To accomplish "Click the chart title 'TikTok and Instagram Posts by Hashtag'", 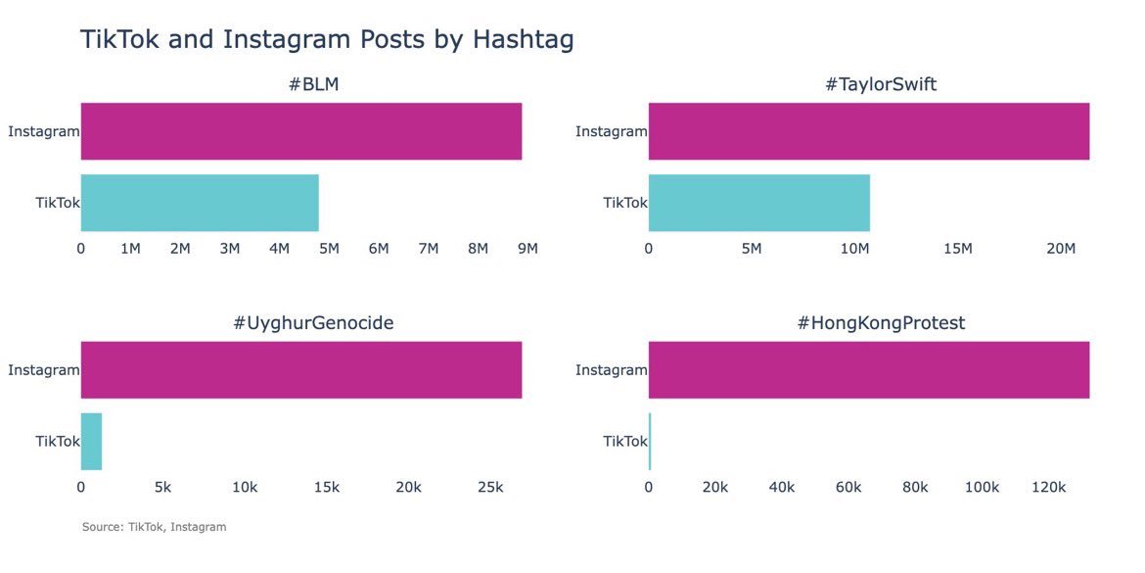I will pos(326,40).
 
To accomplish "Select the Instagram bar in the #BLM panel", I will pos(300,131).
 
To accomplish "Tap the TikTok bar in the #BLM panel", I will pos(200,203).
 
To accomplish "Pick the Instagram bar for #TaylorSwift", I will pos(868,131).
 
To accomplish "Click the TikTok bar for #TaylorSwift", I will pos(758,203).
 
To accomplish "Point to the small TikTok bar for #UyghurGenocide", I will pos(91,442).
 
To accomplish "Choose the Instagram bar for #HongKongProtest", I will pos(868,370).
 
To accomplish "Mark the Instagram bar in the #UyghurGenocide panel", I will pos(300,370).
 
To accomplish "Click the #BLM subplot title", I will pos(313,84).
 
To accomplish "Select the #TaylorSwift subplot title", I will pos(881,84).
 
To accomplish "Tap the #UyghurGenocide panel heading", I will pos(313,322).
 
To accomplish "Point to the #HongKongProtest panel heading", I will pos(881,322).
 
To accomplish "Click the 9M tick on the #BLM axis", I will pos(527,249).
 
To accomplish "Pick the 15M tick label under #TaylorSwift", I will pos(958,249).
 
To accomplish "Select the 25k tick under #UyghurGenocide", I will pos(490,488).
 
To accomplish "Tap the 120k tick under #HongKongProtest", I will pos(1049,488).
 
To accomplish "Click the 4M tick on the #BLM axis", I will pos(279,249).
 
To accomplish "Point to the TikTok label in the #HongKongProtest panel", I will pos(624,442).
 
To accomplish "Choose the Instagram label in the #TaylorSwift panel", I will pos(611,131).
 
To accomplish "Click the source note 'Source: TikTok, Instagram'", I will pos(154,527).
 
